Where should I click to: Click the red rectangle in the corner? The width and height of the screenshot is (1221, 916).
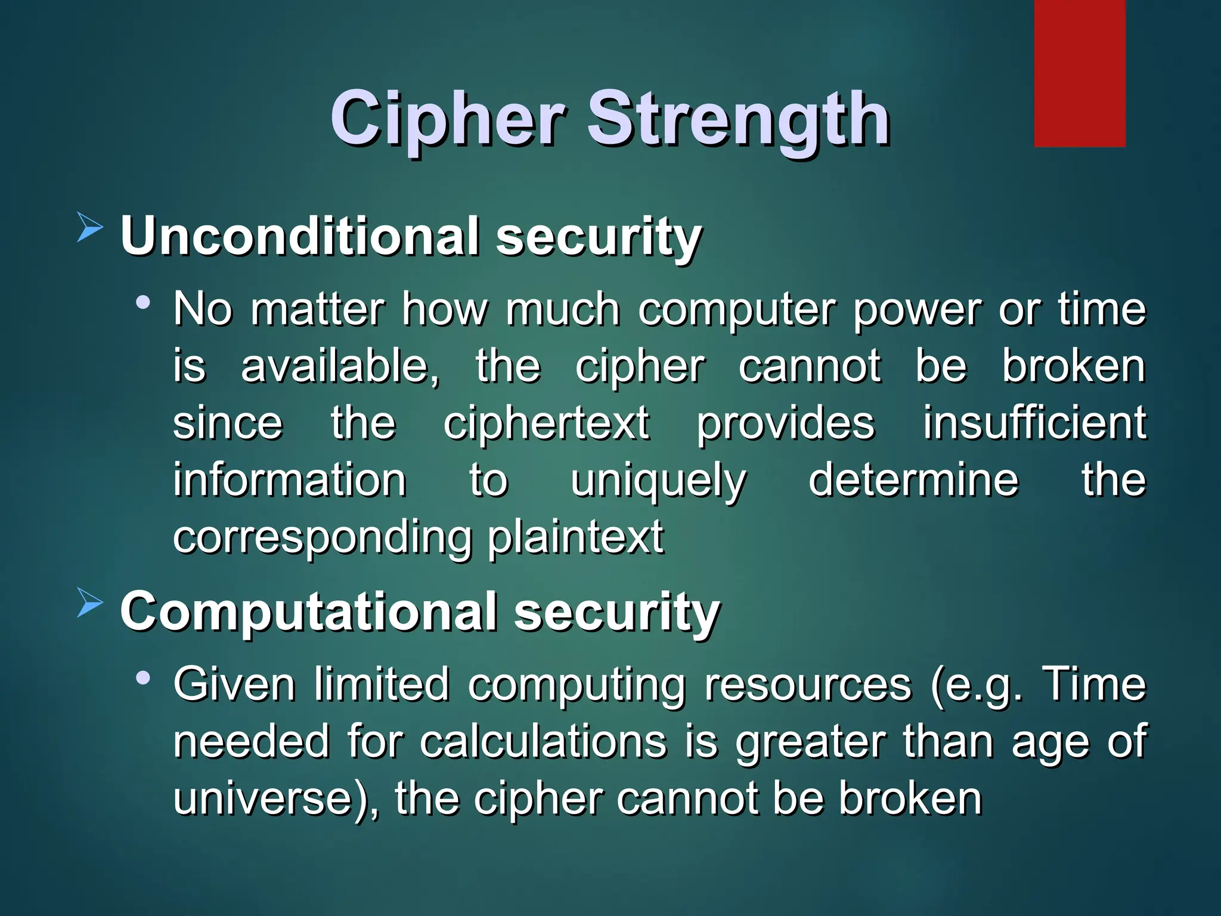[x=1079, y=73]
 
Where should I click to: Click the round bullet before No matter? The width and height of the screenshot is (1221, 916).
[x=142, y=302]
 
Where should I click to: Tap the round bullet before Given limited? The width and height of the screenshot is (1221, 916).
[x=142, y=677]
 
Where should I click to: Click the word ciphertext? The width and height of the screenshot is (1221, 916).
[x=546, y=423]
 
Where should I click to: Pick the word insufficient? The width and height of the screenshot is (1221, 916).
[x=1034, y=423]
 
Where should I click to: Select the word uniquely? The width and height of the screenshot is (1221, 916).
[x=658, y=481]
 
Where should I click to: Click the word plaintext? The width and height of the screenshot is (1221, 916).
[x=575, y=537]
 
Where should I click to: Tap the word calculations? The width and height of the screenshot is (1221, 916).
[x=543, y=742]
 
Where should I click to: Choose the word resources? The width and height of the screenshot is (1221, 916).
[x=808, y=685]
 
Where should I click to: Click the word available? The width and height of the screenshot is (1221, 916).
[x=340, y=366]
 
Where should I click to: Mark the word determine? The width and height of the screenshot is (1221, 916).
[x=913, y=479]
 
